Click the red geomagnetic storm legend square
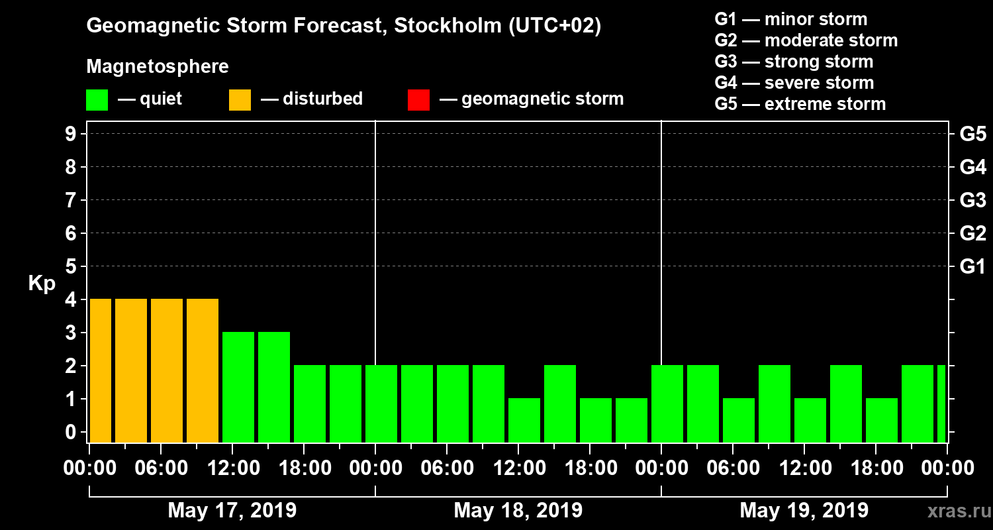point(418,100)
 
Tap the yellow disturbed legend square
point(240,100)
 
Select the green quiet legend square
point(97,100)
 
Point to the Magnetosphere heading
point(158,67)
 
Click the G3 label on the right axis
point(972,200)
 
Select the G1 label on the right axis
point(972,267)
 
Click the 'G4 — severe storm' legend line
point(794,83)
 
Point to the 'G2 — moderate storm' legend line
point(806,40)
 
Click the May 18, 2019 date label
point(518,510)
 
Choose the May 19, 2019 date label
point(804,510)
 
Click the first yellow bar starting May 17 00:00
point(101,371)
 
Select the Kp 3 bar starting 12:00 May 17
point(238,388)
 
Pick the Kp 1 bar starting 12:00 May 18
point(524,421)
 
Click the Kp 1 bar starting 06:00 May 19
point(739,421)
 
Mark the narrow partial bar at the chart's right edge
point(941,404)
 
